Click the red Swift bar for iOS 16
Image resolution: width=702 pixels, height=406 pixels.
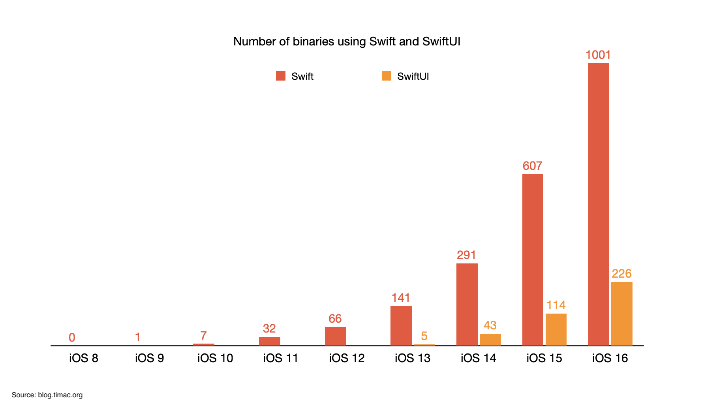[x=598, y=204]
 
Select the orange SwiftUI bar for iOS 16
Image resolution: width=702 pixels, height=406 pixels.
[x=621, y=314]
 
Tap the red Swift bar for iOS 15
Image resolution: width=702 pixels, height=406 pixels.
[x=533, y=259]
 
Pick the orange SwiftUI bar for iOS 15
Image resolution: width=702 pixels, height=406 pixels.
[x=556, y=329]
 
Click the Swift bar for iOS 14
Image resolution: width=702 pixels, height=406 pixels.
[x=467, y=304]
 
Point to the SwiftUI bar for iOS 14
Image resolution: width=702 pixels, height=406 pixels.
[x=490, y=339]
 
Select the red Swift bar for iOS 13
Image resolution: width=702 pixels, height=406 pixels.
[x=401, y=325]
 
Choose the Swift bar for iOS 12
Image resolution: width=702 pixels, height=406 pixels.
[x=335, y=336]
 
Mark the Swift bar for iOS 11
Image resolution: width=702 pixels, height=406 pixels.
[x=269, y=341]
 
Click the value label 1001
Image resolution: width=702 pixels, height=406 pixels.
[x=598, y=55]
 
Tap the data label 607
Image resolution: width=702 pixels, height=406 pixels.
[x=533, y=166]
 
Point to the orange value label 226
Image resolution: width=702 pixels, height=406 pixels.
[x=621, y=274]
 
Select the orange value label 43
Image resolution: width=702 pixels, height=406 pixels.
[x=490, y=325]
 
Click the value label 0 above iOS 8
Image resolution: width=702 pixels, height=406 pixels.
[x=72, y=338]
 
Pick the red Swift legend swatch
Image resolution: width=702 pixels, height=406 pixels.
[x=281, y=76]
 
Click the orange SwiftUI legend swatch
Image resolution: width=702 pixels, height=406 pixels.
[x=387, y=76]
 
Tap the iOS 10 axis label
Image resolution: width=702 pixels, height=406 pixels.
[x=215, y=358]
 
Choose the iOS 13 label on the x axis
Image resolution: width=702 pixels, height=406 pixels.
[x=413, y=358]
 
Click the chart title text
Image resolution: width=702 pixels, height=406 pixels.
[x=347, y=41]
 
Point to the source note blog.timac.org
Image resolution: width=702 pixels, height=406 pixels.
[x=47, y=395]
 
